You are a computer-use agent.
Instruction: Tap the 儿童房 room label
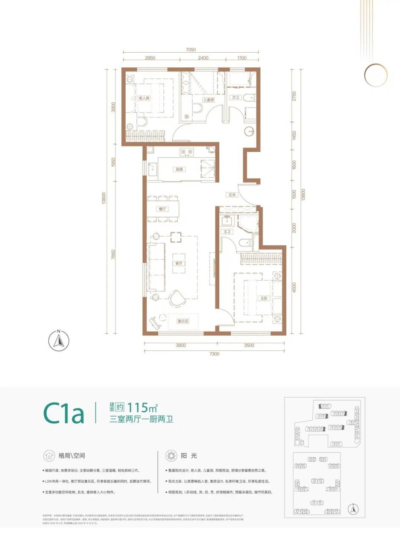point(208,100)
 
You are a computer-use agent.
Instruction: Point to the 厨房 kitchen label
point(179,169)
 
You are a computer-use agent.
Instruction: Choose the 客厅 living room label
point(179,263)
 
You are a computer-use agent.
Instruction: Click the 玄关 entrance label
point(232,195)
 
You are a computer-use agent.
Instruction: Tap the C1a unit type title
point(63,413)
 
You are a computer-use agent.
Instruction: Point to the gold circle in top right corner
point(375,75)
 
